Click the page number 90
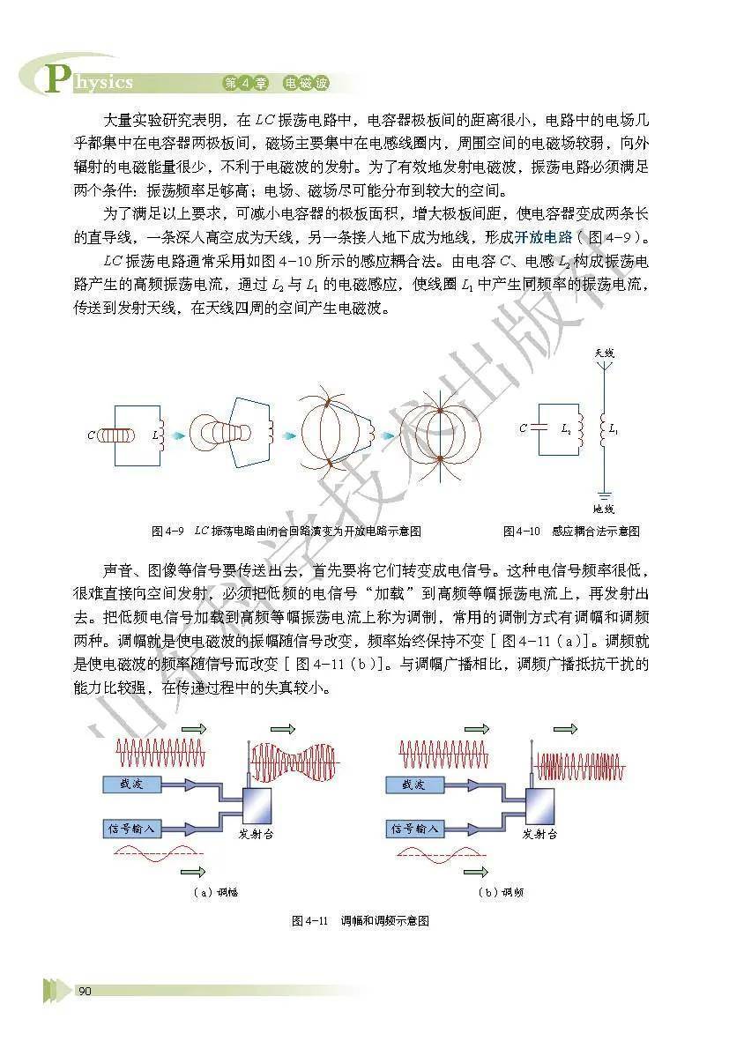86,992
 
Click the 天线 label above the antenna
604,353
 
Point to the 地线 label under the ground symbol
604,509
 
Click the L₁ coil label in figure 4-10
614,428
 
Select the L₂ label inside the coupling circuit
566,428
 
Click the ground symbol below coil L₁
604,494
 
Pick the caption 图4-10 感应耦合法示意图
570,532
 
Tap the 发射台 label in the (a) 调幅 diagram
256,833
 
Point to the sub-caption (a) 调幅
216,892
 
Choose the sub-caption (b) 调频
501,892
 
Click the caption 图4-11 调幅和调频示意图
361,921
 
